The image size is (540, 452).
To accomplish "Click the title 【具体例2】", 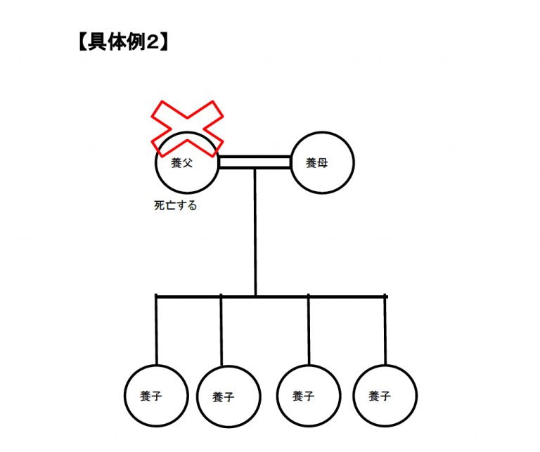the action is click(123, 42).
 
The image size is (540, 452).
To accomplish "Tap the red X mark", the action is click(187, 129).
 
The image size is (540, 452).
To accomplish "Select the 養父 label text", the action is click(181, 163).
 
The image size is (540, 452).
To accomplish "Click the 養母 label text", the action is click(316, 163).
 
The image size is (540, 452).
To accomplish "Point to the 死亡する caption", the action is click(175, 205).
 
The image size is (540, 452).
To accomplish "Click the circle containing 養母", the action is click(322, 162).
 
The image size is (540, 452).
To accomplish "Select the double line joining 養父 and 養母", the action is click(255, 162).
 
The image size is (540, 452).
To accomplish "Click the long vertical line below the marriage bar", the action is click(255, 233).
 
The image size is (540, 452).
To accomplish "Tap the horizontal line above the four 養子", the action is click(271, 297).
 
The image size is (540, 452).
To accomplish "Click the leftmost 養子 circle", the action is click(156, 396).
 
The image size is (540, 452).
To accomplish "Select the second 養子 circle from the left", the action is click(229, 396).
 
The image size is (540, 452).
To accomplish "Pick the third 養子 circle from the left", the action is click(309, 396).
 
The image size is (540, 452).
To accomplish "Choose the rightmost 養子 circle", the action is click(385, 396).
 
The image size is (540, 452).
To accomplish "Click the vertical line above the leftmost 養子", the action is click(156, 330).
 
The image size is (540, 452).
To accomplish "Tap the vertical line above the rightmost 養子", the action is click(385, 330).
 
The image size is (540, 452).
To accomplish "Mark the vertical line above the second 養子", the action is click(221, 330).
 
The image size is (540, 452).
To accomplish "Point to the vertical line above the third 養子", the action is click(309, 330).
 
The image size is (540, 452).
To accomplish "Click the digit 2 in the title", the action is click(153, 42).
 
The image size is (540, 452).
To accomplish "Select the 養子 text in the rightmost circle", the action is click(380, 396).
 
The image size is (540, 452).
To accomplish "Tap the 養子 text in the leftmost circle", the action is click(151, 396).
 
